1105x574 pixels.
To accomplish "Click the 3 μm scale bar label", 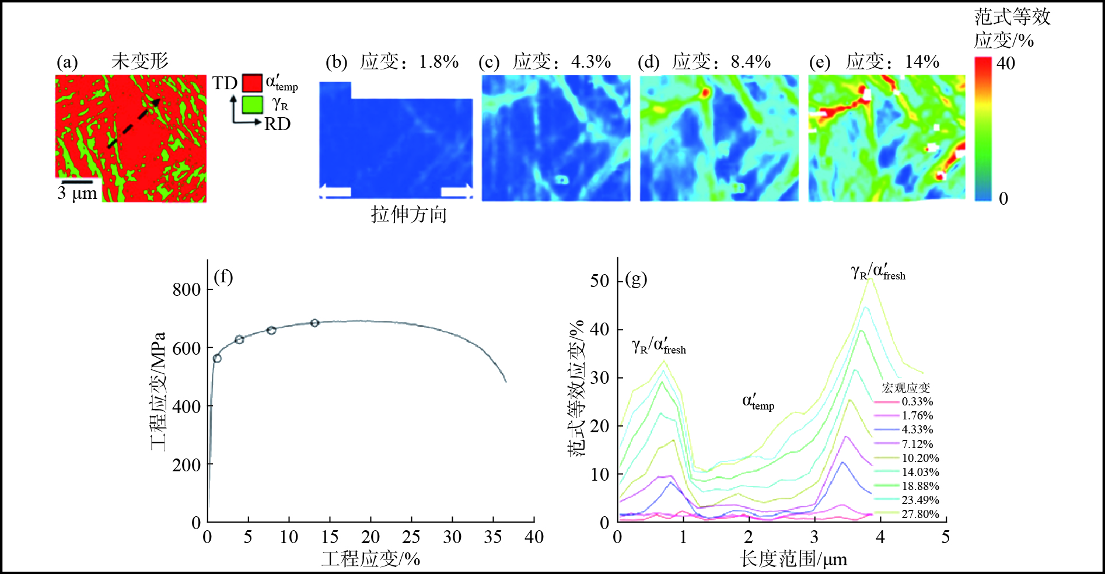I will (77, 193).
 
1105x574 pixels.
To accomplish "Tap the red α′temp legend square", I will (252, 82).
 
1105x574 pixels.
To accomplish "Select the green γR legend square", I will (252, 104).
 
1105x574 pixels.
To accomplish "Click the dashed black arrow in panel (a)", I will (134, 123).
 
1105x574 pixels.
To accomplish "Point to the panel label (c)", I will (489, 62).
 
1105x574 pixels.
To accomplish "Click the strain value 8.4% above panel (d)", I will (751, 61).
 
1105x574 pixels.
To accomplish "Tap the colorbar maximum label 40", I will (1006, 63).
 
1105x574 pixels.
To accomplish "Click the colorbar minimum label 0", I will (1003, 198).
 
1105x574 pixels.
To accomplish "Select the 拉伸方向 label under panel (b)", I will (408, 215).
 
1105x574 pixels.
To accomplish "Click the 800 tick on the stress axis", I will (186, 289).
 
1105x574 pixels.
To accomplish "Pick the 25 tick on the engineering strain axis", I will (411, 537).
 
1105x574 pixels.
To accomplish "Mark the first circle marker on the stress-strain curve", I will (217, 358).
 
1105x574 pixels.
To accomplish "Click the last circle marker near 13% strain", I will (314, 323).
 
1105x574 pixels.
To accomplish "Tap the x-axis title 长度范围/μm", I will (793, 559).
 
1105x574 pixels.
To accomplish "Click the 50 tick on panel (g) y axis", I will (599, 281).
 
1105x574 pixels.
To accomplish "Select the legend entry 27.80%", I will (920, 514).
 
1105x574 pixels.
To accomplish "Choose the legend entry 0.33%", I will (917, 401).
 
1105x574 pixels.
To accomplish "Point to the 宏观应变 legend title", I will (905, 388).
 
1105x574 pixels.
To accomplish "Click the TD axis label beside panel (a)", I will (224, 83).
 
